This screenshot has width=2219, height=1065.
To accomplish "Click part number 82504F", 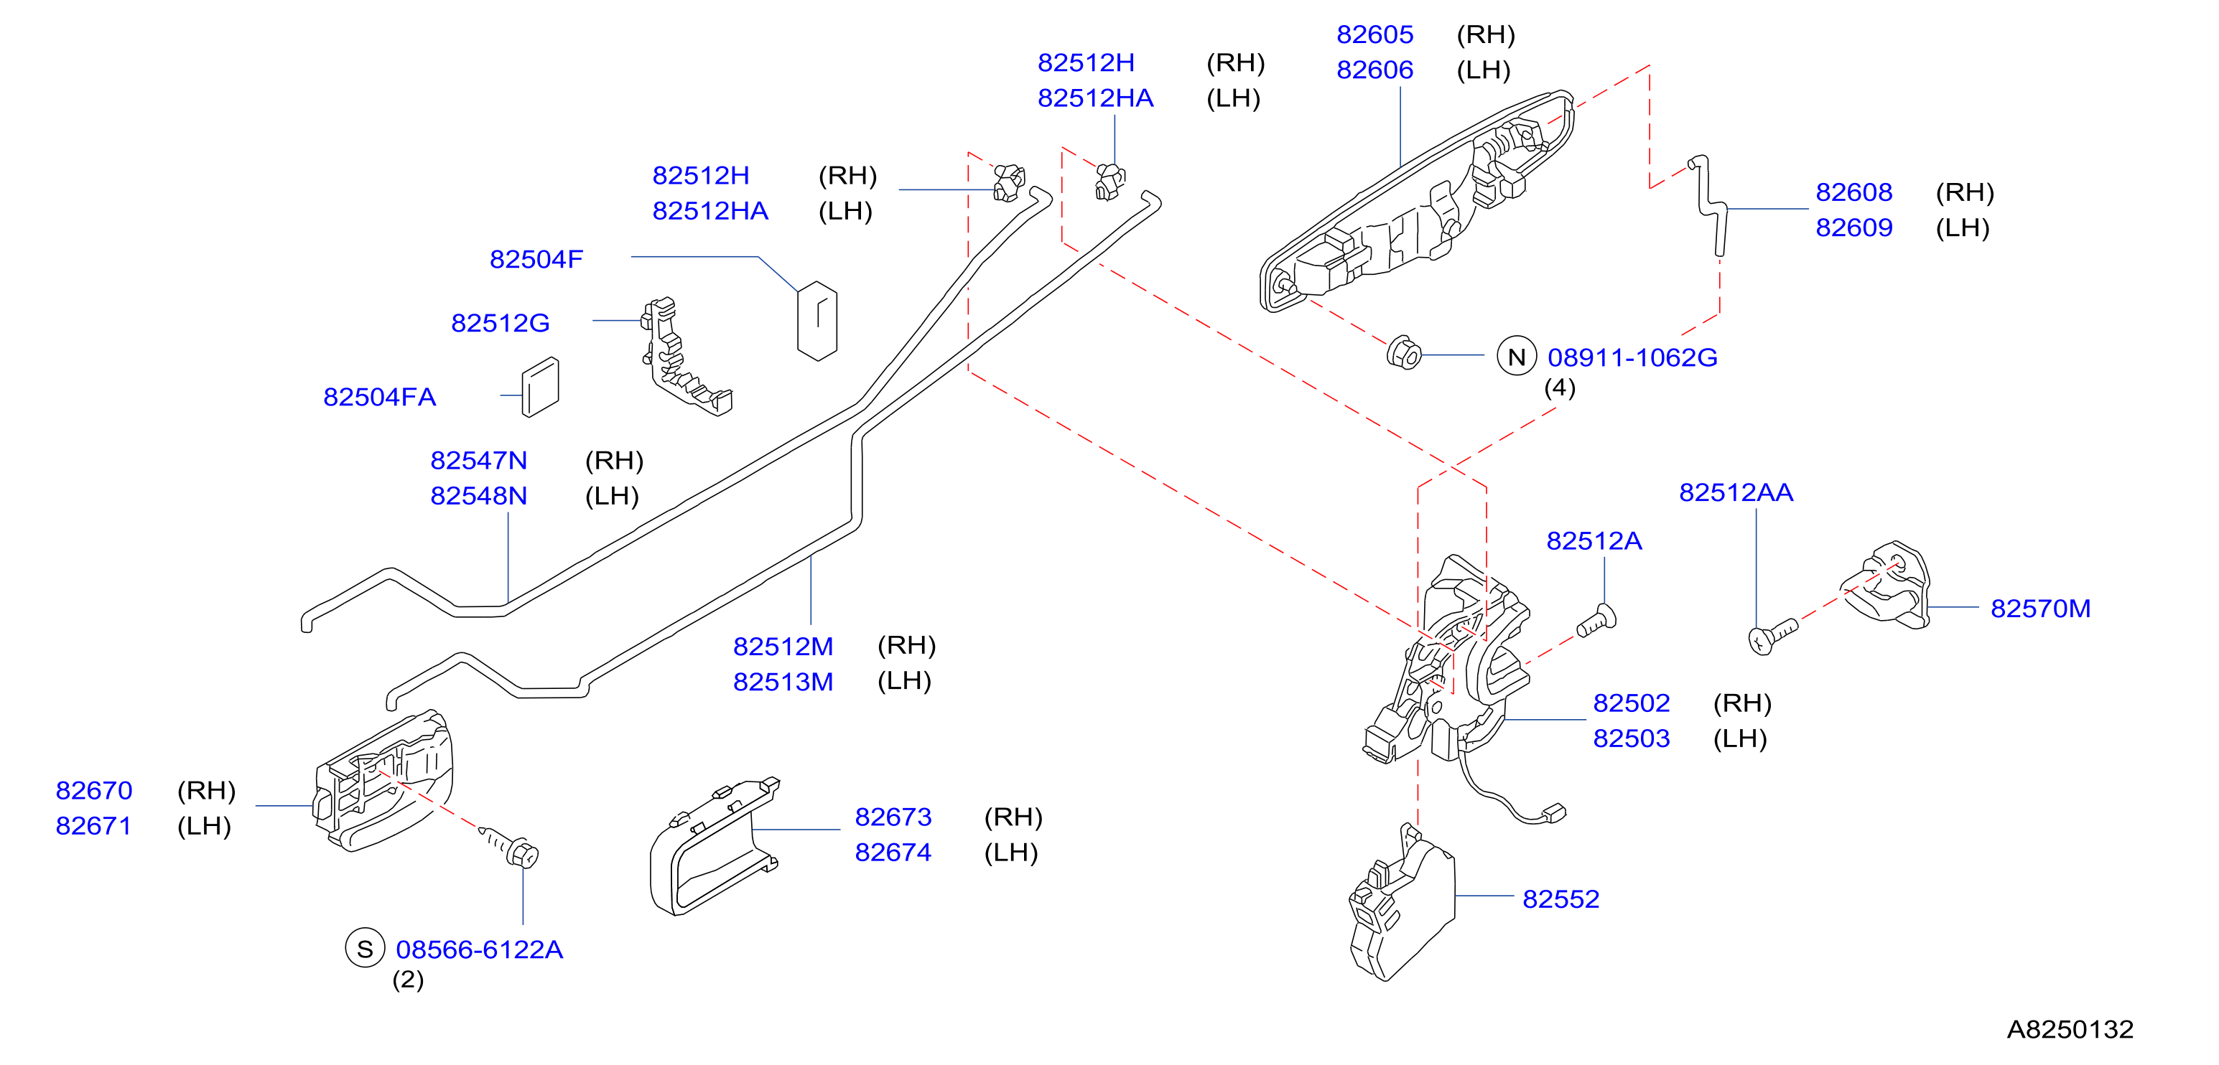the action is [x=536, y=259].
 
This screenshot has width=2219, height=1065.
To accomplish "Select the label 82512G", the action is [x=501, y=323].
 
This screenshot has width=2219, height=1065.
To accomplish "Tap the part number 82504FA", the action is [x=379, y=397].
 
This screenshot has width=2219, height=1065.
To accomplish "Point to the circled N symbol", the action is [x=1516, y=355].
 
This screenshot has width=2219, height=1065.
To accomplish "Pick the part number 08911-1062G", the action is [x=1632, y=357].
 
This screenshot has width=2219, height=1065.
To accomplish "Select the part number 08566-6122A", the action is [x=479, y=949].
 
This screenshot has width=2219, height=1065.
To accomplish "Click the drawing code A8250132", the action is [x=2070, y=1029].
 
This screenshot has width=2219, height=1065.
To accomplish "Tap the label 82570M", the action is [x=2041, y=609].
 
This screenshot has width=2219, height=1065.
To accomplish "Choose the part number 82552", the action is [x=1561, y=899].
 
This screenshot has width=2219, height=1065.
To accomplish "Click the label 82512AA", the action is [x=1736, y=492].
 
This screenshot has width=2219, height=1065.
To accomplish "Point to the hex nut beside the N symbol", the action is [x=1404, y=353].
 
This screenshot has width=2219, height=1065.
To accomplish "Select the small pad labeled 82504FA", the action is [x=540, y=388].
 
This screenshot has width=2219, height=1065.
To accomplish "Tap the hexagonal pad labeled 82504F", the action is [x=817, y=320].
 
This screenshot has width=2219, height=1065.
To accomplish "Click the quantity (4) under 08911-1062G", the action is [x=1559, y=388].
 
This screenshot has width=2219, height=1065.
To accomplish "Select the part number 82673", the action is [x=893, y=817].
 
